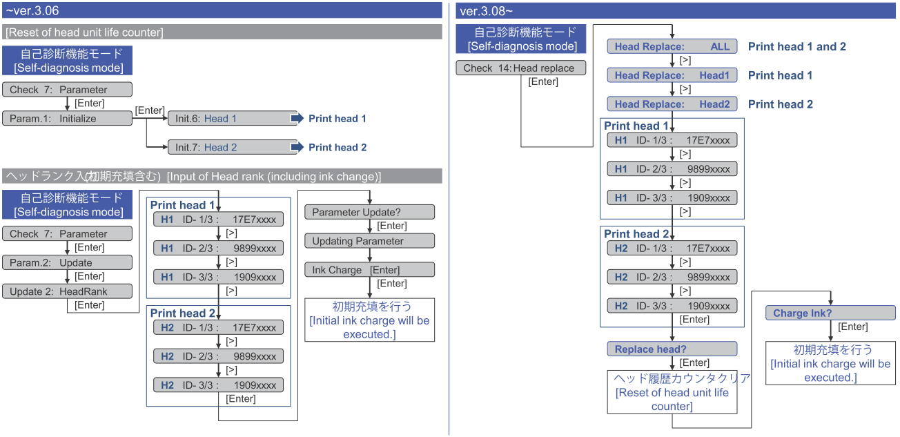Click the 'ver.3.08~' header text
click(x=486, y=10)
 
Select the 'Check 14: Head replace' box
click(x=520, y=68)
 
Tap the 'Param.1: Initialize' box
click(x=66, y=118)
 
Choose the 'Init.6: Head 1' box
click(x=233, y=118)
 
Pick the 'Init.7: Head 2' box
click(x=233, y=147)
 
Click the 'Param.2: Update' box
click(x=66, y=262)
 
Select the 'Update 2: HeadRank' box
click(x=66, y=291)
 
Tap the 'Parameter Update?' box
click(x=369, y=212)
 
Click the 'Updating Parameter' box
click(x=369, y=241)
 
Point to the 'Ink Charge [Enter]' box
click(x=369, y=270)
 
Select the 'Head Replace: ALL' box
click(x=672, y=46)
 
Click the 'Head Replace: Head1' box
click(x=672, y=75)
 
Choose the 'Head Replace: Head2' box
click(x=672, y=104)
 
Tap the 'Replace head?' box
click(x=672, y=349)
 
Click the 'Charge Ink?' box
click(x=830, y=313)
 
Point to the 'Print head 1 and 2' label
click(x=796, y=46)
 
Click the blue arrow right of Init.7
click(x=297, y=147)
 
